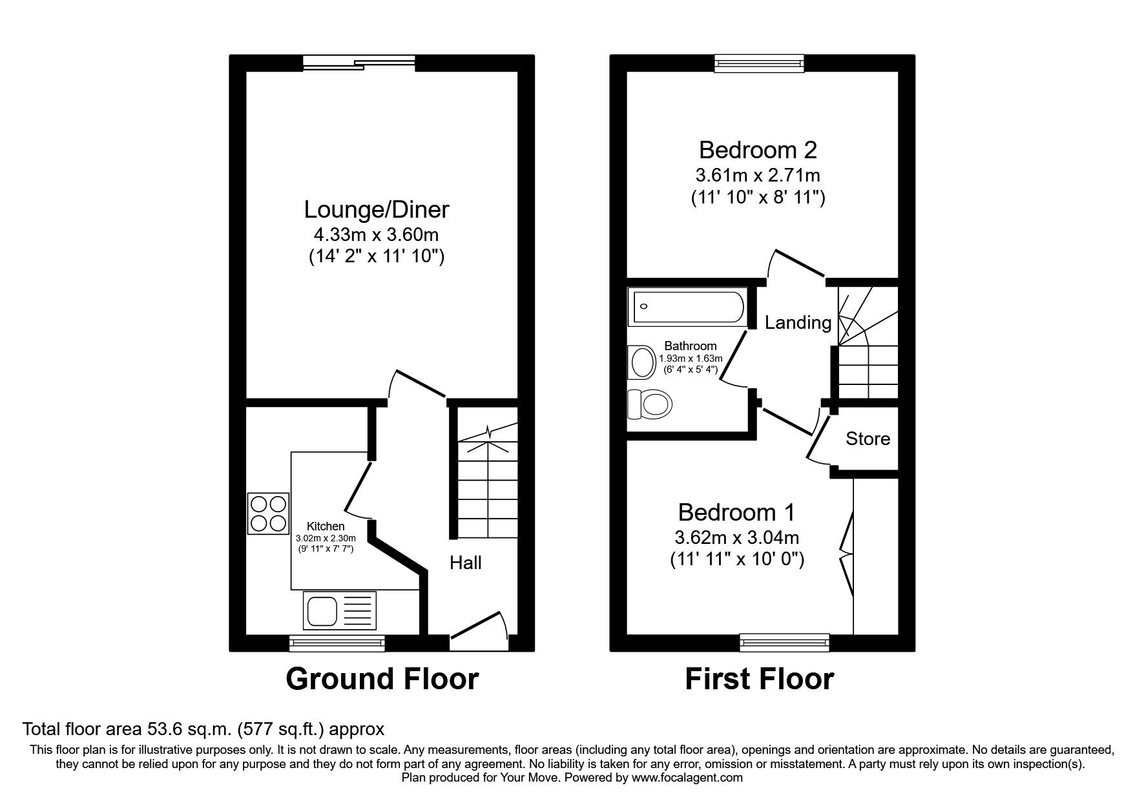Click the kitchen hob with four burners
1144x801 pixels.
click(268, 514)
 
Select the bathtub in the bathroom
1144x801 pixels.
click(688, 309)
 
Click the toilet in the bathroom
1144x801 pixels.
click(650, 405)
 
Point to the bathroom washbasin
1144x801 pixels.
click(642, 362)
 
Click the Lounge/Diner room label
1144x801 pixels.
click(376, 209)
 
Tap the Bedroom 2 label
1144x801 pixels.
click(758, 150)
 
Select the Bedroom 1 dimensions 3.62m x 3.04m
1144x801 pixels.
click(736, 537)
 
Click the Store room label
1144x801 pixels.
click(868, 439)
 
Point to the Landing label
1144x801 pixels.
click(798, 322)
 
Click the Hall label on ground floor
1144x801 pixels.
click(465, 563)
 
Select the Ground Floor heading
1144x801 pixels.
click(382, 679)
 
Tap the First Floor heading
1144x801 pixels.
click(759, 679)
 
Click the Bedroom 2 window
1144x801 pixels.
click(759, 63)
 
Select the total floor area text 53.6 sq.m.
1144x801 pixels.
click(203, 729)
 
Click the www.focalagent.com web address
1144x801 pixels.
click(687, 778)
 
